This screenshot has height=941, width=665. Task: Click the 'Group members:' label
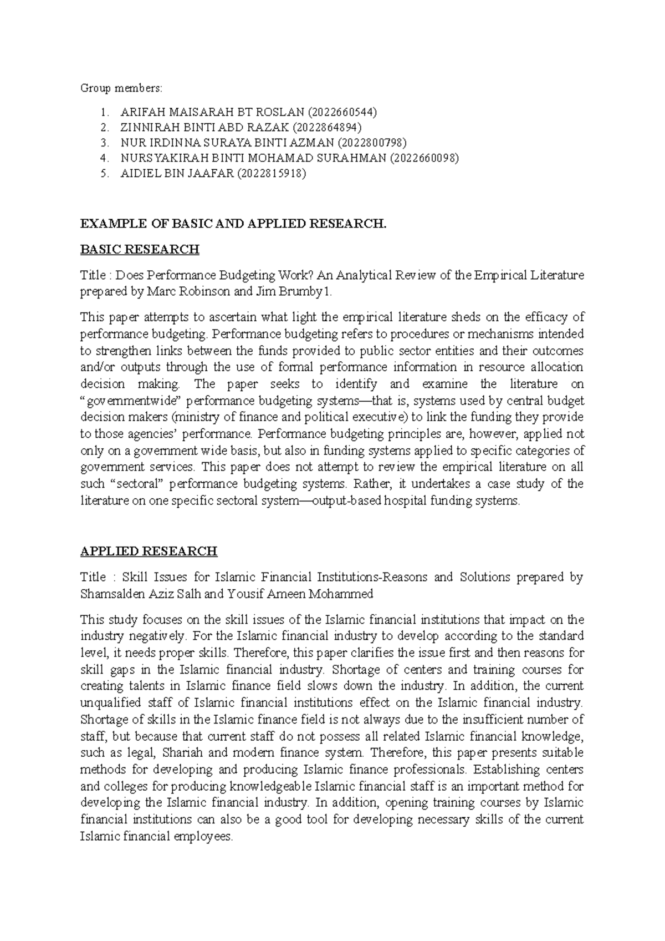tap(122, 88)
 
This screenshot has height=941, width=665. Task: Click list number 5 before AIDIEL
tap(104, 173)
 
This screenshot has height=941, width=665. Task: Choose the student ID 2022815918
tap(270, 173)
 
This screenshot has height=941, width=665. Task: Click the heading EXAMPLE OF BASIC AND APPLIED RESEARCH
tap(233, 224)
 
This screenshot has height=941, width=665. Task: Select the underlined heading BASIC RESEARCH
tap(140, 250)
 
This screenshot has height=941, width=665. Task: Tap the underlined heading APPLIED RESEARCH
tap(149, 551)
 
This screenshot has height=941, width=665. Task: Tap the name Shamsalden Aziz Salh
tap(141, 594)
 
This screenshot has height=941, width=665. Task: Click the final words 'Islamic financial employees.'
tap(157, 836)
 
